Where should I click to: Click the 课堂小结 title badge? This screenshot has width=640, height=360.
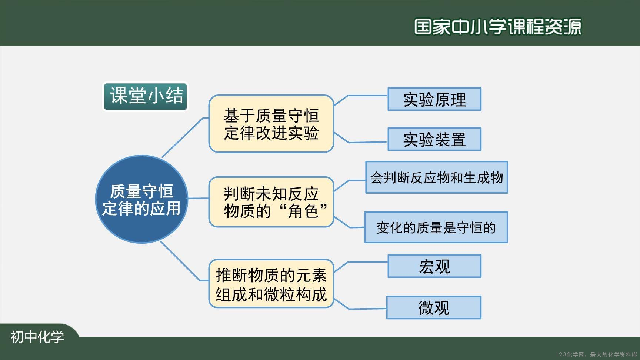pos(145,96)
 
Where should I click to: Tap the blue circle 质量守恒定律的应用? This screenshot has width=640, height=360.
pos(141,199)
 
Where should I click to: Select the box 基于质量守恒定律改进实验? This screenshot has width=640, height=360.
pos(271,124)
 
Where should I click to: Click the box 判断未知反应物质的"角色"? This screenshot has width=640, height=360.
pos(271,202)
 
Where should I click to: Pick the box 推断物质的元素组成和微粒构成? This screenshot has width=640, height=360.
pos(271,284)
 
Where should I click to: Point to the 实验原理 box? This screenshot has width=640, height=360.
pos(434,99)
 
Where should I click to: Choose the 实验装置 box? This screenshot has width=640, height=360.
pos(434,139)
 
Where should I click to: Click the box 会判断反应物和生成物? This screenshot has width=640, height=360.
pos(437,177)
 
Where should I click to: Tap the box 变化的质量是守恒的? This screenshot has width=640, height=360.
pos(436,227)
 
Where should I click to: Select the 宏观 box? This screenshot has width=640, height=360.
pos(434,266)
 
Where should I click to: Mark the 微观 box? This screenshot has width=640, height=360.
pos(434,307)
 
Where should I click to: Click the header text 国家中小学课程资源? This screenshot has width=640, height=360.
pos(498,27)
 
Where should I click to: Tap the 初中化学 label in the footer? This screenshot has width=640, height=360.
pos(37,337)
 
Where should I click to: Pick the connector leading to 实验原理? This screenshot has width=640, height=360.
pos(360,99)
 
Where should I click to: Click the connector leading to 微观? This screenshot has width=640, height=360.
pos(360,306)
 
